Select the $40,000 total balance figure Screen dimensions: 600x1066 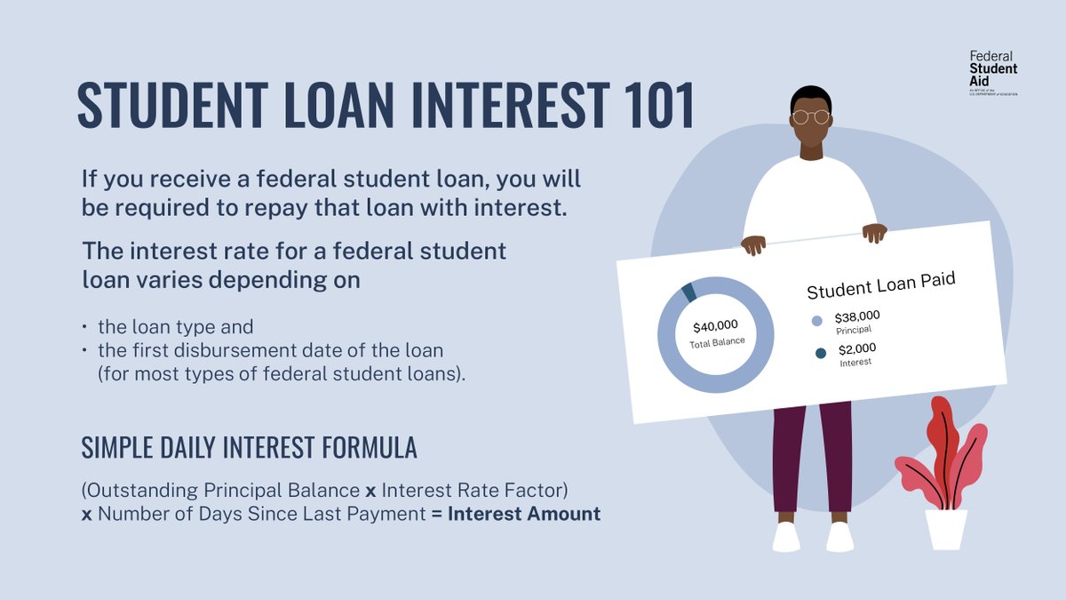[x=715, y=325]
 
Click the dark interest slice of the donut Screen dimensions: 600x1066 [x=688, y=292]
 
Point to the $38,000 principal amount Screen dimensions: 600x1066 [x=857, y=316]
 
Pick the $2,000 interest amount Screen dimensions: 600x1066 [x=856, y=348]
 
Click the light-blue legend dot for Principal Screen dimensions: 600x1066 [x=817, y=322]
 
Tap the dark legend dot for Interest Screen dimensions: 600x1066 [x=820, y=354]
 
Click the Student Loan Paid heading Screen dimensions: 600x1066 [x=880, y=284]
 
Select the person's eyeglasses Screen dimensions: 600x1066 [x=810, y=116]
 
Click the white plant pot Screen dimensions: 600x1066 [x=946, y=529]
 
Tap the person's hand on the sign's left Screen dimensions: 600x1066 [x=753, y=244]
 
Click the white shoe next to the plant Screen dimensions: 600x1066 [x=839, y=536]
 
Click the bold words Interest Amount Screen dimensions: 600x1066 [x=524, y=514]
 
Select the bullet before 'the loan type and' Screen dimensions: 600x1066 [x=84, y=327]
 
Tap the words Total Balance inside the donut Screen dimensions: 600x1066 [x=717, y=342]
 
